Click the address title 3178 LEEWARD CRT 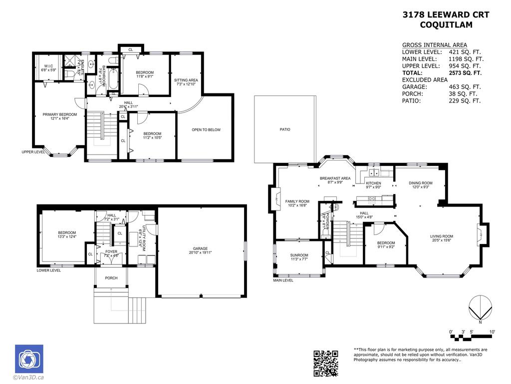coord(446,15)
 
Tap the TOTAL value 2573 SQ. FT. coord(465,72)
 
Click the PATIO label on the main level coord(284,129)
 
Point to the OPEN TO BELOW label coord(206,130)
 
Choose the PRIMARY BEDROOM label coord(56,114)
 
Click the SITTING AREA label coord(186,80)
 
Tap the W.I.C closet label coord(48,66)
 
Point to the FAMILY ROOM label coord(297,201)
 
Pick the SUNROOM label coord(299,255)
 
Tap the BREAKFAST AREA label coord(335,178)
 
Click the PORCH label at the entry coord(111,278)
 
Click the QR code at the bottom coord(326,363)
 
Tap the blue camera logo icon coord(29,358)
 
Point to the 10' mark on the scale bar coord(492,332)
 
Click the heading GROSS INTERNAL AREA coord(434,45)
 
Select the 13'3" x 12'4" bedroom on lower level coord(67,233)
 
